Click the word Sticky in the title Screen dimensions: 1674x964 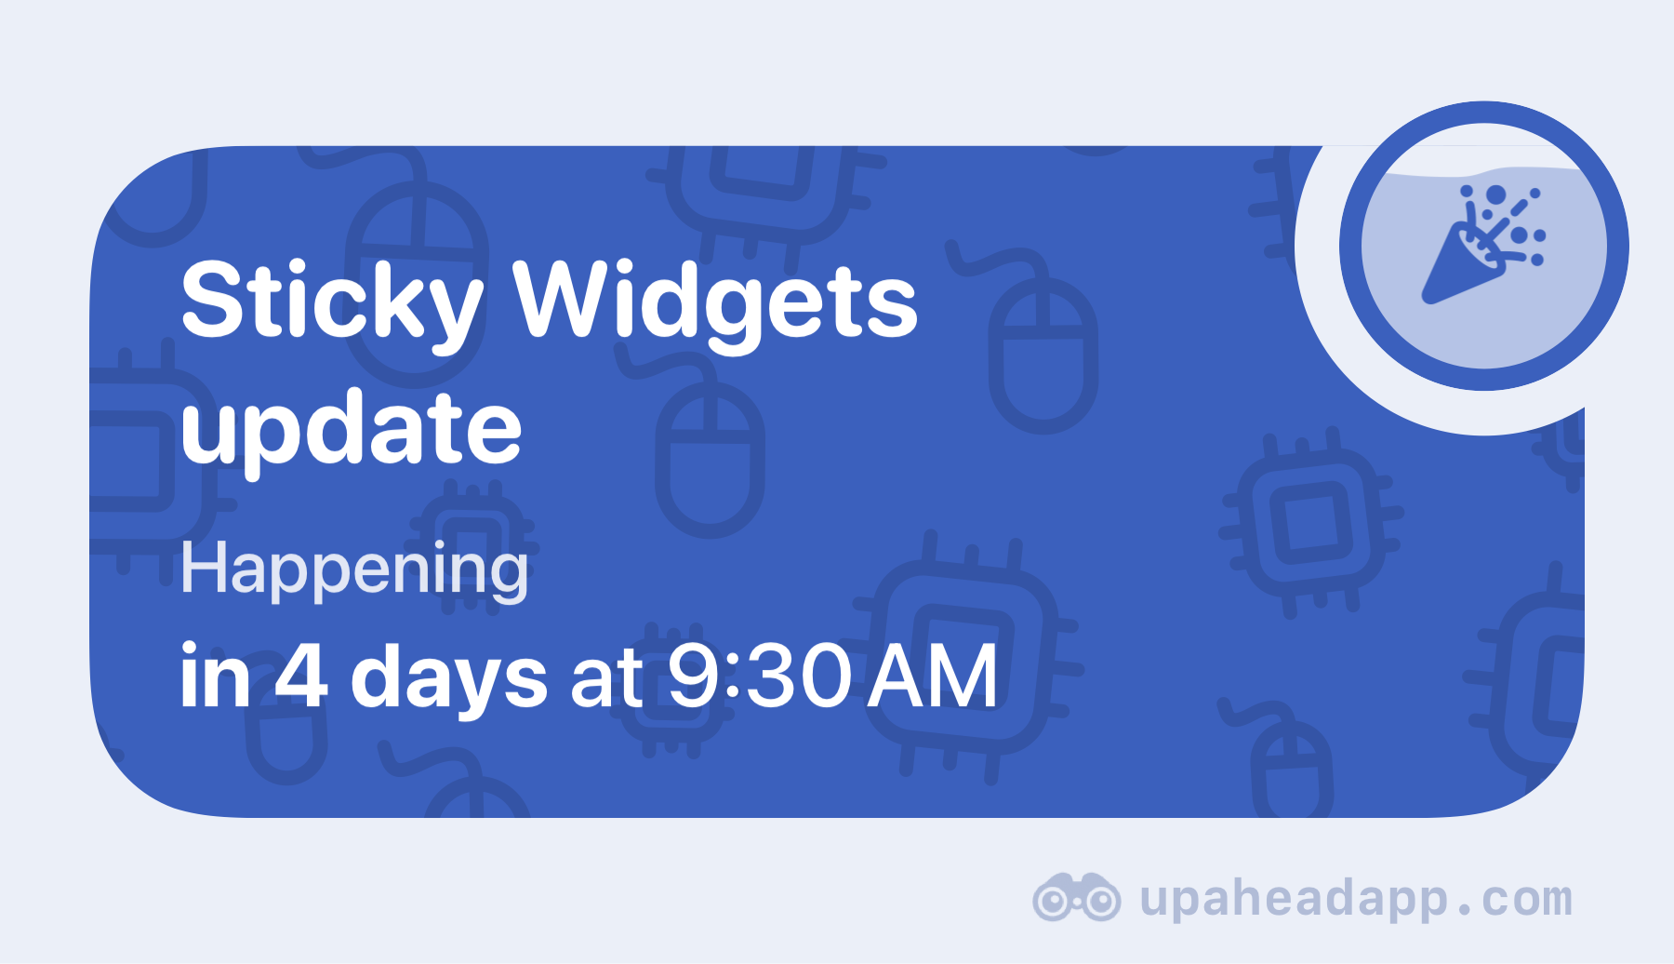(x=332, y=302)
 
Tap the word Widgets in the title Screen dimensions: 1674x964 (x=715, y=302)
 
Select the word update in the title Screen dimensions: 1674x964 (x=352, y=430)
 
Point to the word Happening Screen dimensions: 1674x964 (x=354, y=569)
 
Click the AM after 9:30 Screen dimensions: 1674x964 (x=933, y=676)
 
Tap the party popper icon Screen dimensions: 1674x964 (x=1483, y=245)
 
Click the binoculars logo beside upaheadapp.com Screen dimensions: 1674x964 (x=1076, y=897)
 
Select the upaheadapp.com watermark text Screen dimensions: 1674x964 (x=1357, y=899)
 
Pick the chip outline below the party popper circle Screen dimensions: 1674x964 (x=1311, y=521)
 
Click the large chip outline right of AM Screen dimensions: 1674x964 (x=967, y=656)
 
